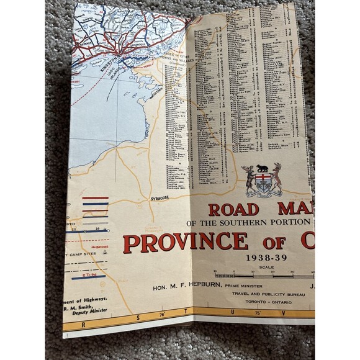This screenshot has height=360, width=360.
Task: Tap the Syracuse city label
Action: click(x=160, y=197)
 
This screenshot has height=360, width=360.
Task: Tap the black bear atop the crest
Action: click(x=262, y=168)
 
